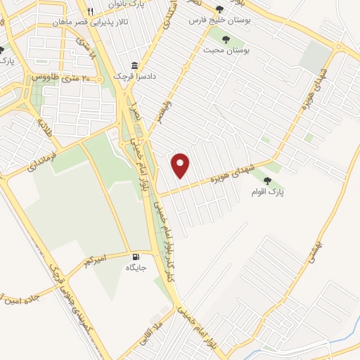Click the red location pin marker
coord(181,165)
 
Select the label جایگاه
coord(136,268)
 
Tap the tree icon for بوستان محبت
coord(226,39)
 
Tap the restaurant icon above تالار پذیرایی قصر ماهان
coord(90,11)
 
